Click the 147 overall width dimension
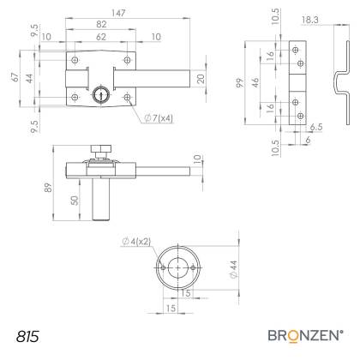118,13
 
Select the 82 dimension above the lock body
101,24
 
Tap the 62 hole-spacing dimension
101,37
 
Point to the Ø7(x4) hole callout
159,118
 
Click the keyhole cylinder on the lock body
99,93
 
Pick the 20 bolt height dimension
201,79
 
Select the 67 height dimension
15,77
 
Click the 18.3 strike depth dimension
310,20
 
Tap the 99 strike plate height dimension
240,82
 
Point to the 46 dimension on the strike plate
255,82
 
